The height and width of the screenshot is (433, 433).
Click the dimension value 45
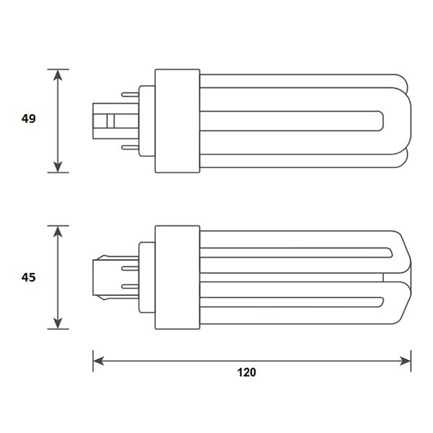[27, 276]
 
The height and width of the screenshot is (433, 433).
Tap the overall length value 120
[247, 373]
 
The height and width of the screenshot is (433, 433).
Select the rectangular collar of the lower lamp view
[178, 277]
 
